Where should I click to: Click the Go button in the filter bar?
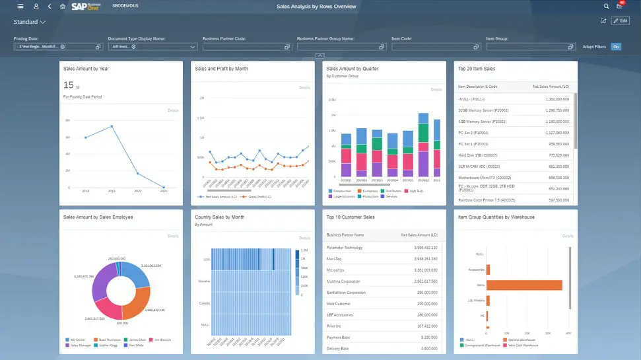point(616,47)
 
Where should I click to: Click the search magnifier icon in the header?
point(606,6)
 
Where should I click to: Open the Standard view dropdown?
point(29,22)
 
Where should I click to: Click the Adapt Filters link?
point(593,47)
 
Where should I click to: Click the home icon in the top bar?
point(62,6)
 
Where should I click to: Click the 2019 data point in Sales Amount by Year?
point(112,126)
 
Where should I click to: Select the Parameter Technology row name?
point(344,247)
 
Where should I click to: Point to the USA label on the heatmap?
point(205,259)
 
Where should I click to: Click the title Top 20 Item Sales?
point(476,69)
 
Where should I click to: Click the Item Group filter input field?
point(525,47)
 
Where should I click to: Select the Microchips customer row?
point(337,270)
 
